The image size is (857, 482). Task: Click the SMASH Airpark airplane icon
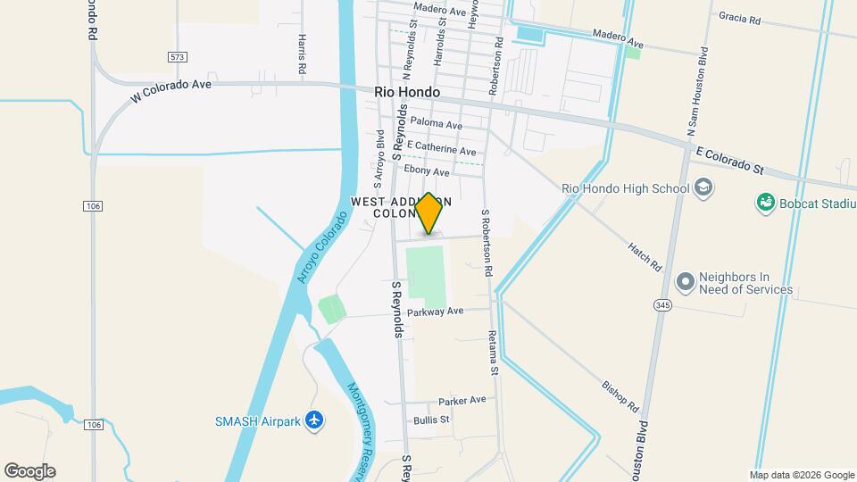313,420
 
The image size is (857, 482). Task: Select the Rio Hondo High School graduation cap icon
703,187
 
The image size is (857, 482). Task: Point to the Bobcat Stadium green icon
765,204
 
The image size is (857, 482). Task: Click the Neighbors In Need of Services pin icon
686,283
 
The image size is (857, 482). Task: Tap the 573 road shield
177,57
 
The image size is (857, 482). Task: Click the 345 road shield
663,306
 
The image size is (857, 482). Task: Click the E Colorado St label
731,162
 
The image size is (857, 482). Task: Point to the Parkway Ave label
436,312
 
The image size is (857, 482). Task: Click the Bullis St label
432,419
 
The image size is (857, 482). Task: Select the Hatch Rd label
644,257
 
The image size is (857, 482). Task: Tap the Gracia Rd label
738,18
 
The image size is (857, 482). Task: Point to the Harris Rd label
303,54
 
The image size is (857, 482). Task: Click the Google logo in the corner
29,471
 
